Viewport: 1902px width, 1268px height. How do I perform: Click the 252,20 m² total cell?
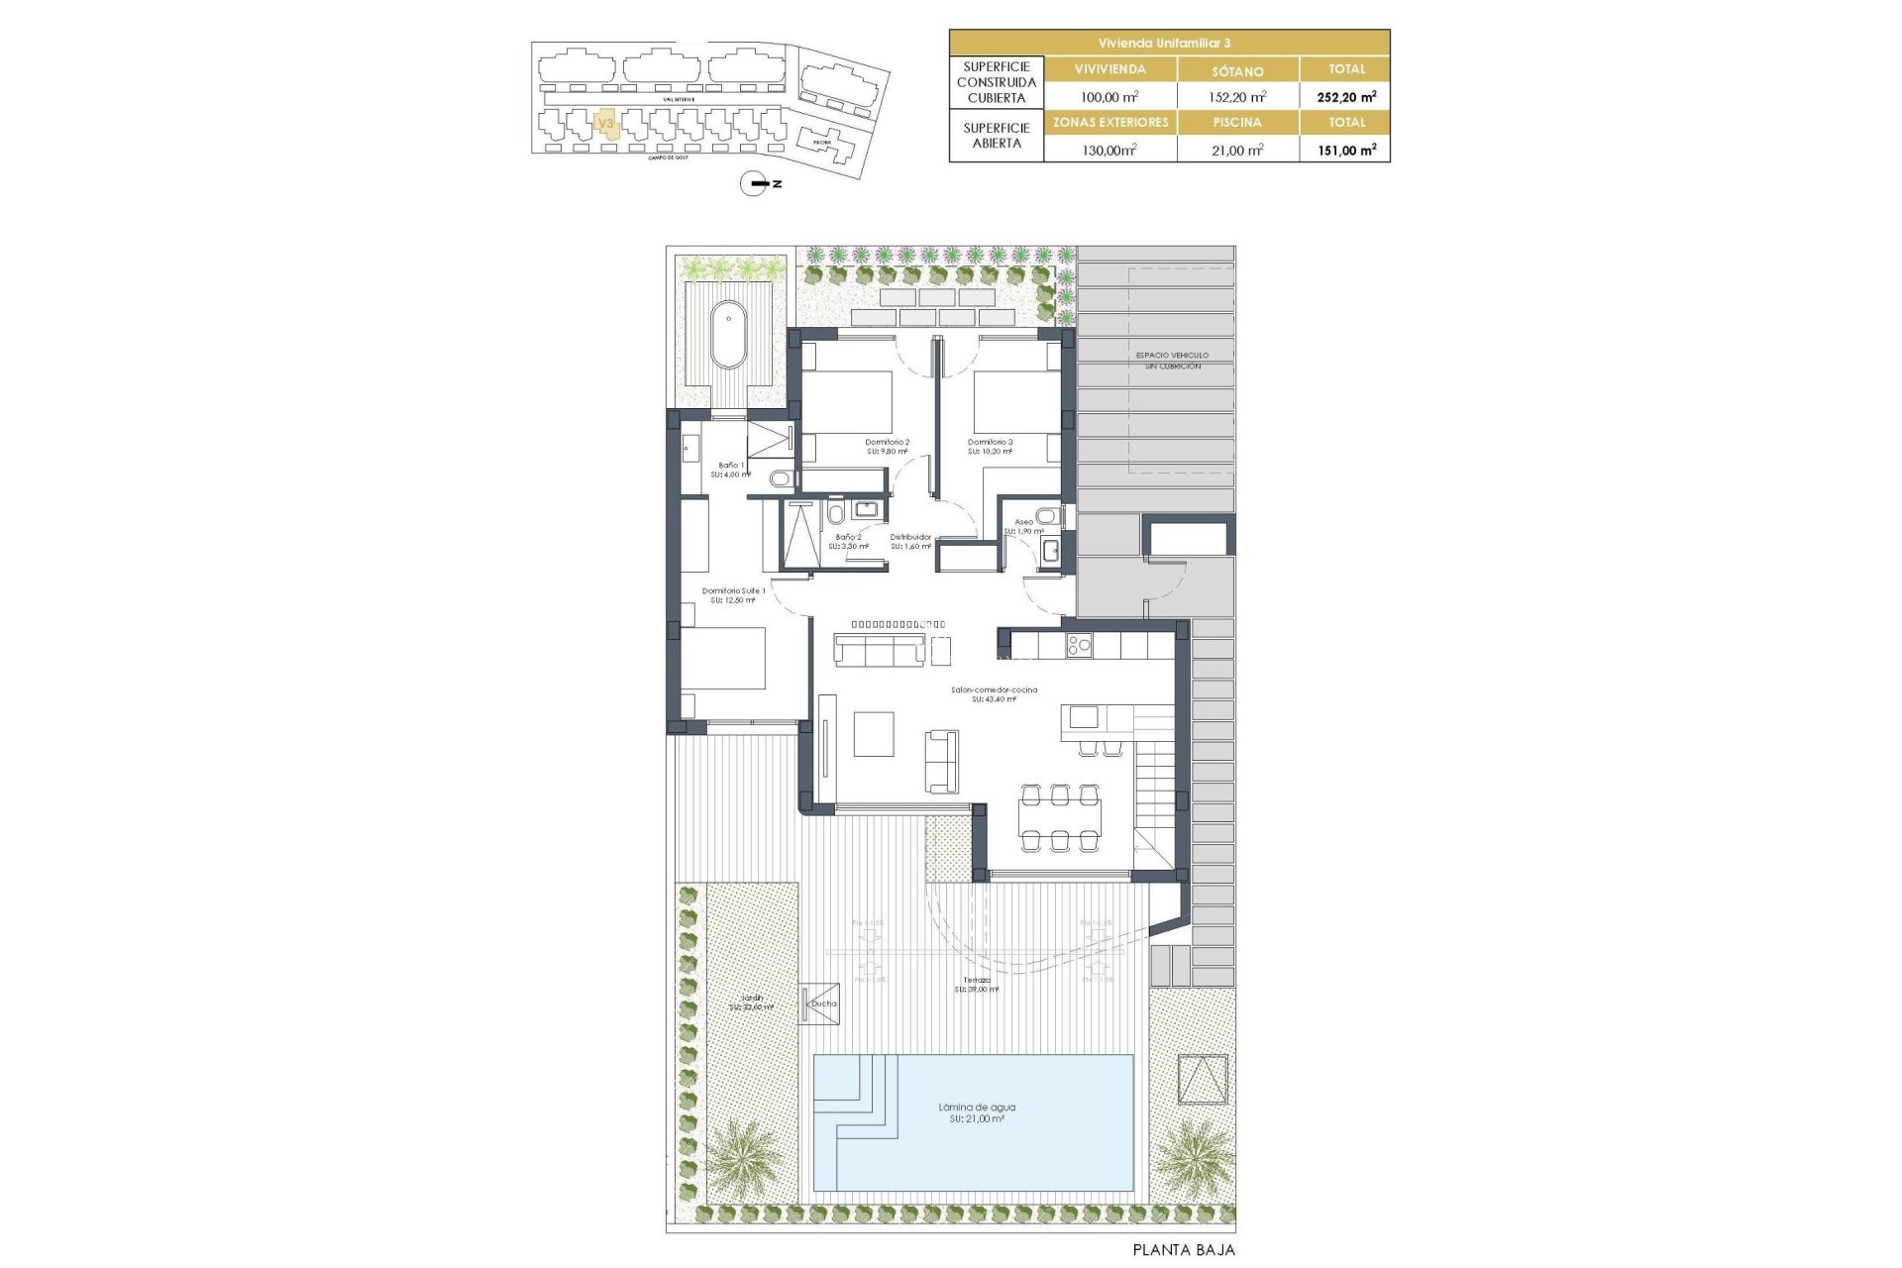click(1345, 96)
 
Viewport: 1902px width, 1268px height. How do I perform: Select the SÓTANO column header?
click(1237, 70)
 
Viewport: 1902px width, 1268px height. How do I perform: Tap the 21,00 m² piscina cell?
click(1237, 150)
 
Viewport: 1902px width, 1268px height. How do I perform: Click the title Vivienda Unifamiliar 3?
click(1169, 43)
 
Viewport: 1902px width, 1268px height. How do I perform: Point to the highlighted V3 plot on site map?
click(605, 124)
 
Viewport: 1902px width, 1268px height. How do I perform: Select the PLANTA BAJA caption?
click(1184, 1250)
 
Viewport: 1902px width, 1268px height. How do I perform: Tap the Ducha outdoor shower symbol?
click(821, 1002)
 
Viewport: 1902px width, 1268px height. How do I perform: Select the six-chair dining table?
click(1060, 817)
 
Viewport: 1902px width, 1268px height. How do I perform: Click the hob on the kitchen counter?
click(1079, 646)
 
